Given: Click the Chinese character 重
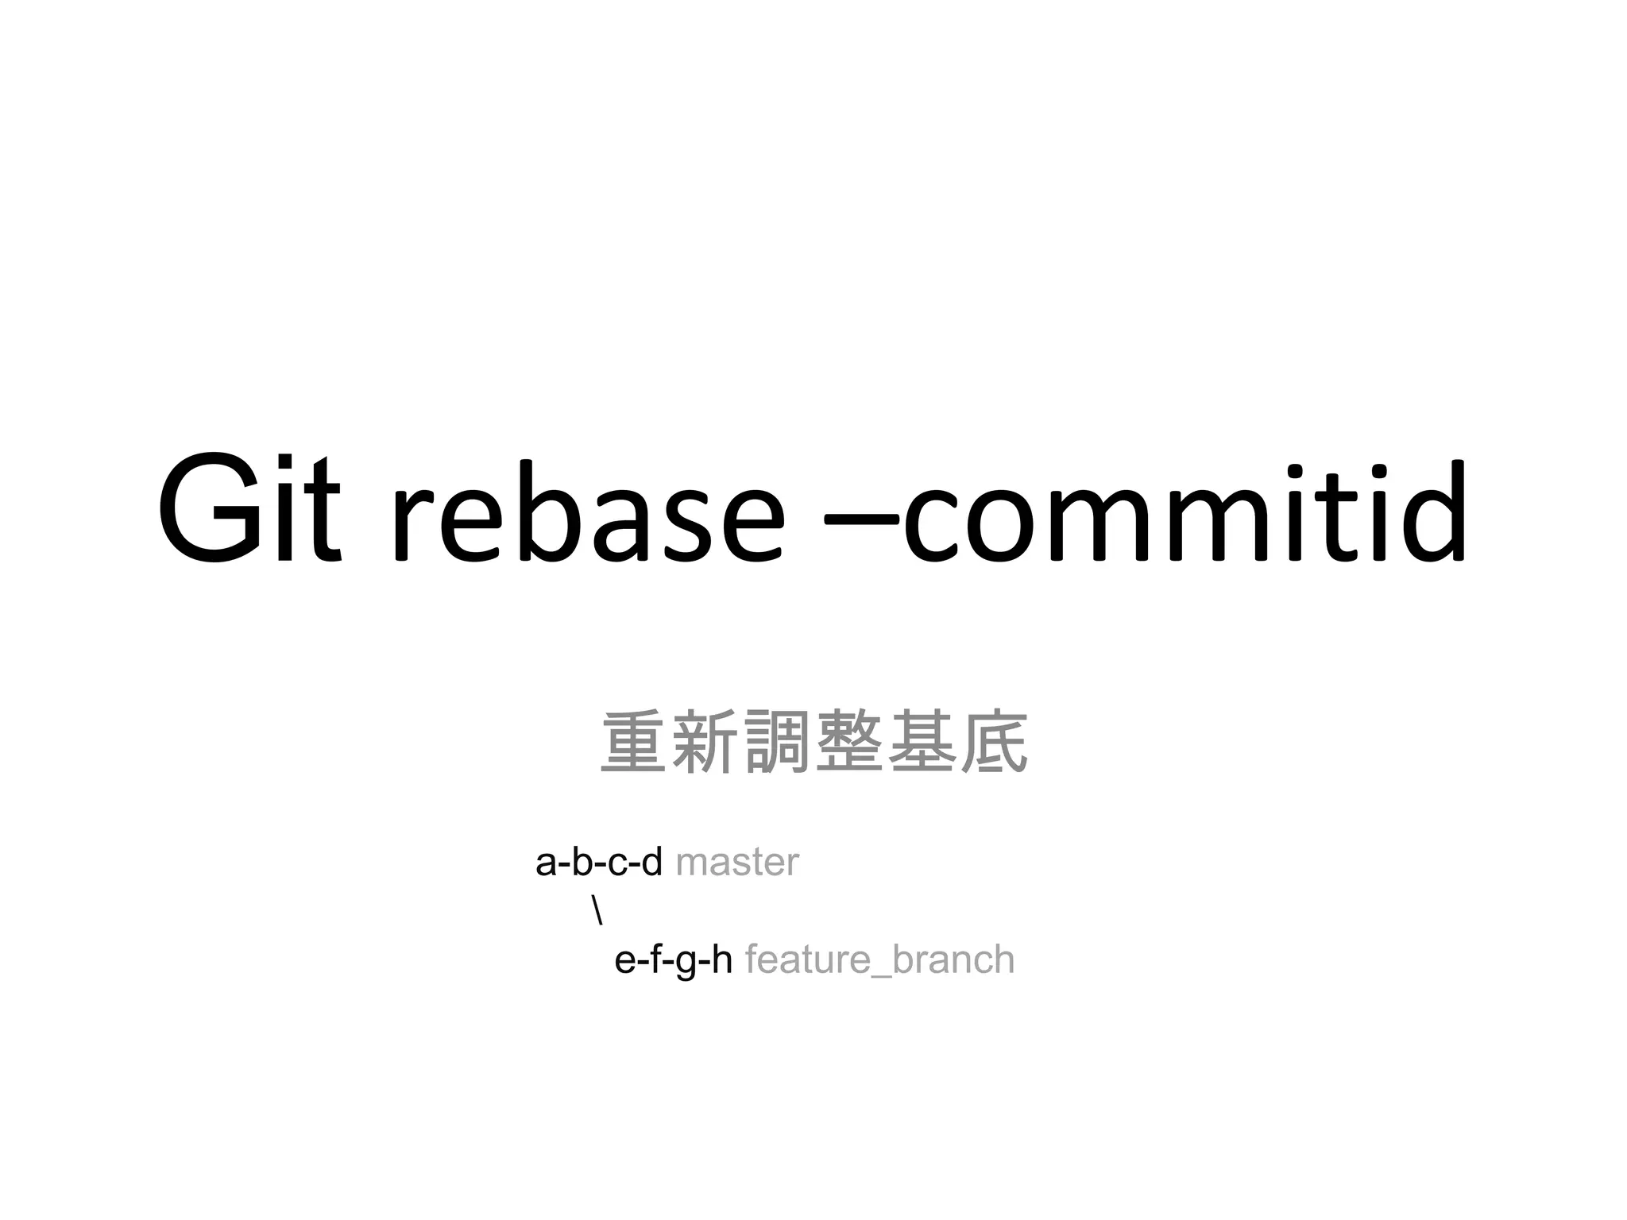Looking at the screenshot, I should point(633,742).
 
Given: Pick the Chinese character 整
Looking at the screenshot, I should point(848,742).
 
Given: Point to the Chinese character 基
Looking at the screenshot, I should point(921,742).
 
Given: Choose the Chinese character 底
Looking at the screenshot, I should point(993,742).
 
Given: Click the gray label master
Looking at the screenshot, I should point(736,863).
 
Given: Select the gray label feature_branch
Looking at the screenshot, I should point(879,959).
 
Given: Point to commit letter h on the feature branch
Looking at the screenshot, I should point(721,959).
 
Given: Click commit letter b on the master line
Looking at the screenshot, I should point(582,863).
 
